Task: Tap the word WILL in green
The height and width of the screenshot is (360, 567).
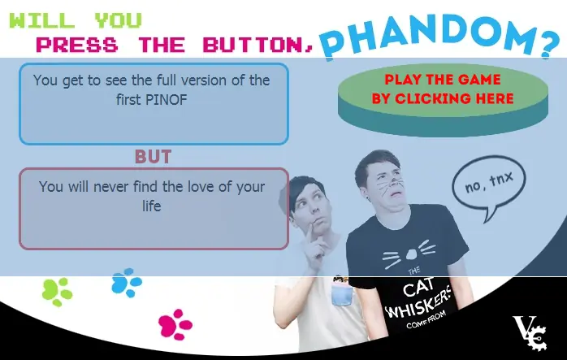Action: click(x=42, y=20)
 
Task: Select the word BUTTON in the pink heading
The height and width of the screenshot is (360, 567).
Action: click(x=254, y=45)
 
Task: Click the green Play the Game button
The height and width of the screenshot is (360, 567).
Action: click(x=443, y=100)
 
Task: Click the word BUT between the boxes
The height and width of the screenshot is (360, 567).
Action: click(x=153, y=157)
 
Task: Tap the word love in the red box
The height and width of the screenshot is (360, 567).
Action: click(x=201, y=187)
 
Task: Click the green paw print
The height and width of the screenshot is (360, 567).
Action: click(x=57, y=291)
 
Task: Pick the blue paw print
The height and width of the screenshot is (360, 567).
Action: click(x=126, y=283)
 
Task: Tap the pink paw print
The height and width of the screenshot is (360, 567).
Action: click(x=175, y=324)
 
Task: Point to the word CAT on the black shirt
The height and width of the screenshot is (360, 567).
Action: click(x=418, y=288)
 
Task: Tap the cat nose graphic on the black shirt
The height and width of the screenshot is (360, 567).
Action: click(x=411, y=254)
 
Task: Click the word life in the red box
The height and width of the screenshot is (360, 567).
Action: click(x=152, y=206)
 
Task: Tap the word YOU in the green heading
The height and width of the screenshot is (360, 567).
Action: click(x=119, y=20)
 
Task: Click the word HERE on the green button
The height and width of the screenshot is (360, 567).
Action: click(x=495, y=98)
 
